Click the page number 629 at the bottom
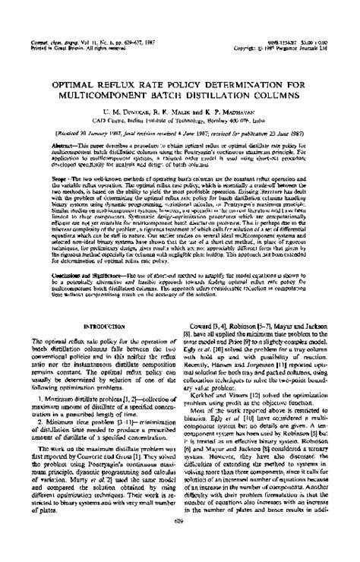coord(180,542)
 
